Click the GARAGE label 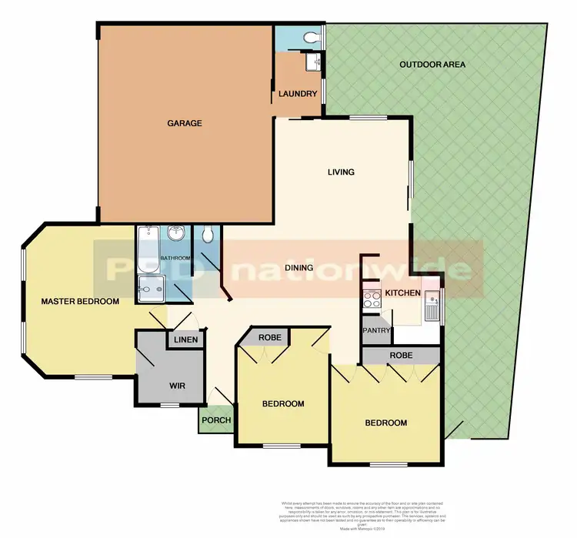pos(185,123)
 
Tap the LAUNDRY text pos(298,94)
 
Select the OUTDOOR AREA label pos(432,65)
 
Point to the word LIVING pos(340,172)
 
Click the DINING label pos(299,268)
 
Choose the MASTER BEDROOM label pos(80,302)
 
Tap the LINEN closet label pos(186,339)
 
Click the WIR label pos(178,386)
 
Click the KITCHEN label pos(402,293)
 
